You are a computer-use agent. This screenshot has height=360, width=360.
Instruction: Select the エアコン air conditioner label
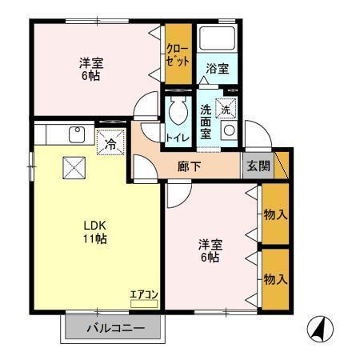click(144, 295)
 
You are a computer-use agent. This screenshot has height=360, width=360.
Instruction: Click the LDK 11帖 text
click(97, 232)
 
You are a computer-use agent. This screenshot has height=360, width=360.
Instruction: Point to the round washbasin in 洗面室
click(229, 131)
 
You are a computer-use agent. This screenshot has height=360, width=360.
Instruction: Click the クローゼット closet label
click(178, 54)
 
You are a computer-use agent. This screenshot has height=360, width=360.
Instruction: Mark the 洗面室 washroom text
click(206, 122)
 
